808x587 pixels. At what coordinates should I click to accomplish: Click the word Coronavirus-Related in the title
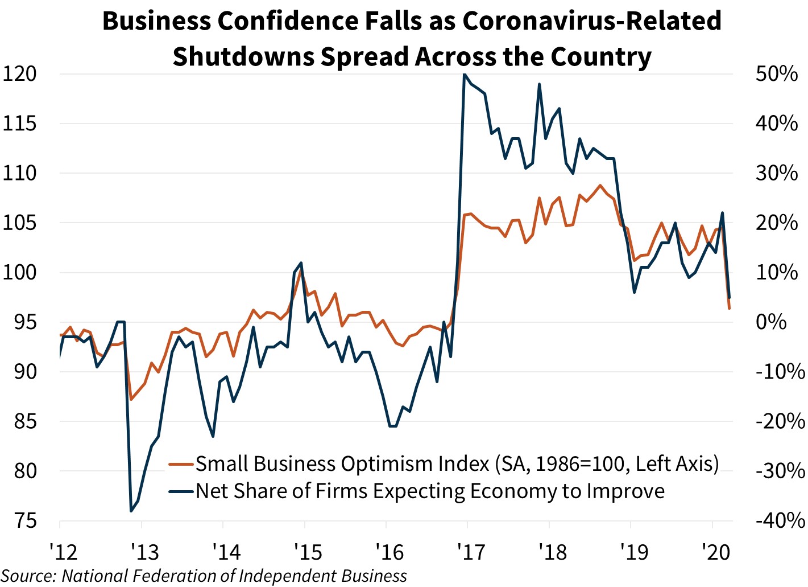[592, 22]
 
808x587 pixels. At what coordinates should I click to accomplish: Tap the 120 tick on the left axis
[19, 74]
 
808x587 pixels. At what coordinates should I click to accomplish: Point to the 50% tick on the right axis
[776, 74]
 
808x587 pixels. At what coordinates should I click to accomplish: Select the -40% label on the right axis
[780, 520]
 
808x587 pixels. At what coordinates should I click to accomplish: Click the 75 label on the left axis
[19, 520]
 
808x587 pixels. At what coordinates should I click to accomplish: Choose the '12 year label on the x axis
[63, 552]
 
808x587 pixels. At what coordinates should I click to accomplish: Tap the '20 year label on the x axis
[715, 552]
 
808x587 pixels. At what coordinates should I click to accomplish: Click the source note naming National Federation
[205, 576]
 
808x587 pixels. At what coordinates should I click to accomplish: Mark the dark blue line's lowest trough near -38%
[131, 511]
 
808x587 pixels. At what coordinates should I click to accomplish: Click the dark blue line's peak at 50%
[465, 74]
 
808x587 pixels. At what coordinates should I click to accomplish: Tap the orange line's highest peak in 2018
[600, 185]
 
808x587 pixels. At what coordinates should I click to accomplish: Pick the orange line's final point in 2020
[730, 309]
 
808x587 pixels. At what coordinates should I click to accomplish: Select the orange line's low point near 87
[131, 399]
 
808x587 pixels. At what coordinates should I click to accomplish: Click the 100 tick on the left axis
[19, 272]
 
